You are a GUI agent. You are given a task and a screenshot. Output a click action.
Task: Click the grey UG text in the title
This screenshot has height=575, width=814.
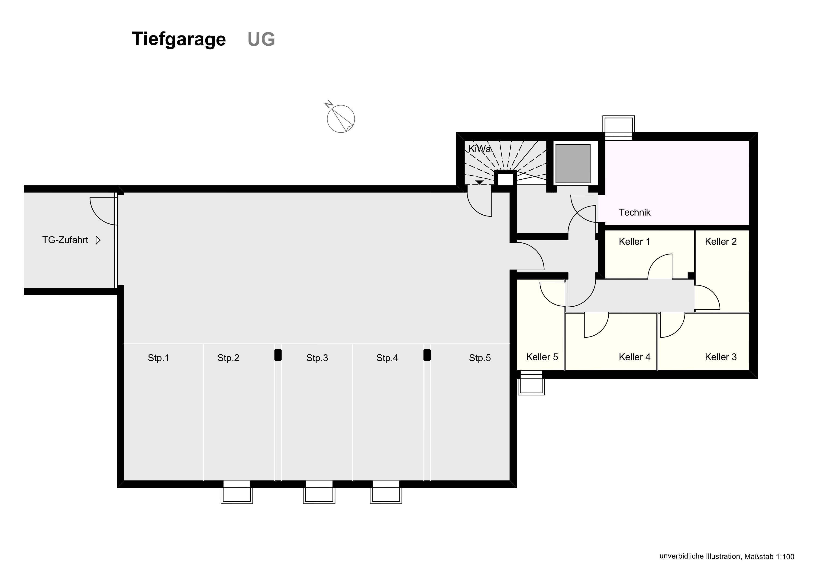coord(261,39)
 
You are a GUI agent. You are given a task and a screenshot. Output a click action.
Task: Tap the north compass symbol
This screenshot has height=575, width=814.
coord(340,119)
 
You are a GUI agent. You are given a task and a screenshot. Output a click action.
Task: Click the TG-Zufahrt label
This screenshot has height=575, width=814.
coord(65,240)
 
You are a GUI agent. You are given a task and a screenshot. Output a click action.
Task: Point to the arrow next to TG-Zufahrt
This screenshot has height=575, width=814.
coord(98,240)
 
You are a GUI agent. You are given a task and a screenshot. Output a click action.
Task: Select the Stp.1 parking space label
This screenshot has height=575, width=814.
coord(158,358)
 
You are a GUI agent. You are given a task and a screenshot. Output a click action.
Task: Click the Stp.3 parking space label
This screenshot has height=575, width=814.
coord(317,358)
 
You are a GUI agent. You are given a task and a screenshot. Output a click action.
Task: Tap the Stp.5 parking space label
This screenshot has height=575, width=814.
coord(480,358)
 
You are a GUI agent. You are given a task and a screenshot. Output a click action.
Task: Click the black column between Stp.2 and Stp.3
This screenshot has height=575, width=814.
coord(278,355)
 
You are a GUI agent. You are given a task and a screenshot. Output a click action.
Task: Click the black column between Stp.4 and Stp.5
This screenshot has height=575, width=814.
coord(427,355)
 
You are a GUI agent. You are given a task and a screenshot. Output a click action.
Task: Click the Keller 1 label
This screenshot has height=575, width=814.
coord(634,241)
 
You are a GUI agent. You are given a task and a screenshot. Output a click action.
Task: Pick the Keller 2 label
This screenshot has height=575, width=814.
coord(720,241)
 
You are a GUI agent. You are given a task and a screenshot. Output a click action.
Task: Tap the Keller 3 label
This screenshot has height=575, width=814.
coord(720,357)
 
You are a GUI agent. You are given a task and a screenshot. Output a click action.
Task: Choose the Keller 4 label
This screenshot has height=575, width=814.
coord(634,357)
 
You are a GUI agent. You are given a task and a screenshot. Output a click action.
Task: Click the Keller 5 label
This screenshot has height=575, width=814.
coord(542,357)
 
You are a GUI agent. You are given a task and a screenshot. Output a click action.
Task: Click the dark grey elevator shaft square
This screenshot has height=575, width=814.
coord(573,163)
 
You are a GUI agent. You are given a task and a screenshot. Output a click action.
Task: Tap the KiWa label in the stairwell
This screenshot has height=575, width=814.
coord(480,149)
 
